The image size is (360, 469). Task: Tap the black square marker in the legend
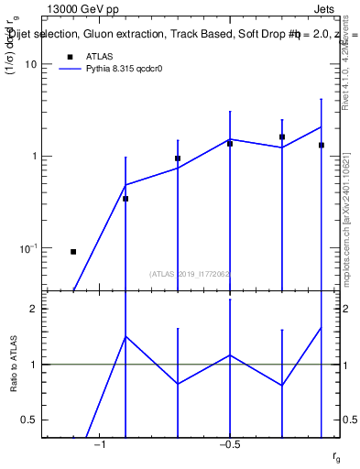click(68, 57)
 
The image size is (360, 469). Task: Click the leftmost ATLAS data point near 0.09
click(73, 251)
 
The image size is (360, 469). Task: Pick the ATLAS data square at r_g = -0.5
click(230, 144)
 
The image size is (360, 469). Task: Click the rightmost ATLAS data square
click(322, 145)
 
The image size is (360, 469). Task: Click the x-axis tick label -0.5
click(229, 444)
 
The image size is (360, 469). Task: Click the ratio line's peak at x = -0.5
click(230, 354)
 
